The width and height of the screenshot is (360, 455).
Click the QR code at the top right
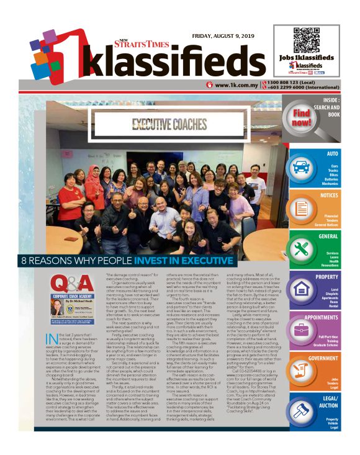(305, 38)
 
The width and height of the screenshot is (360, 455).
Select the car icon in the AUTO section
(301, 168)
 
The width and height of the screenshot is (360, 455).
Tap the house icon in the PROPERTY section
(301, 289)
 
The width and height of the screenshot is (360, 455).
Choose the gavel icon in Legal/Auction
(301, 412)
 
